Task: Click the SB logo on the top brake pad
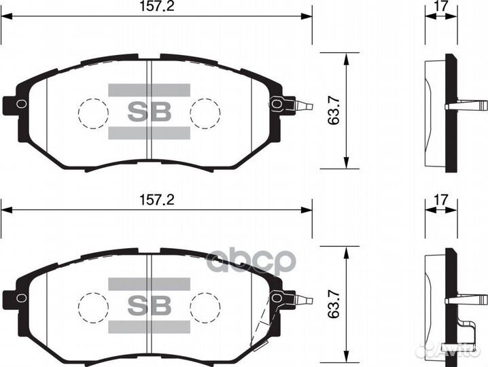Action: click(x=147, y=110)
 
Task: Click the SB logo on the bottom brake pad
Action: click(x=147, y=304)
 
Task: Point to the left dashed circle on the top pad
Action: click(x=92, y=112)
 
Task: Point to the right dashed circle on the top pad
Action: click(x=204, y=112)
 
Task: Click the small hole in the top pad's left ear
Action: click(x=21, y=103)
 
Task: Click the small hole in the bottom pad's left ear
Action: click(x=21, y=296)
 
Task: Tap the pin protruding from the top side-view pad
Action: click(x=469, y=105)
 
